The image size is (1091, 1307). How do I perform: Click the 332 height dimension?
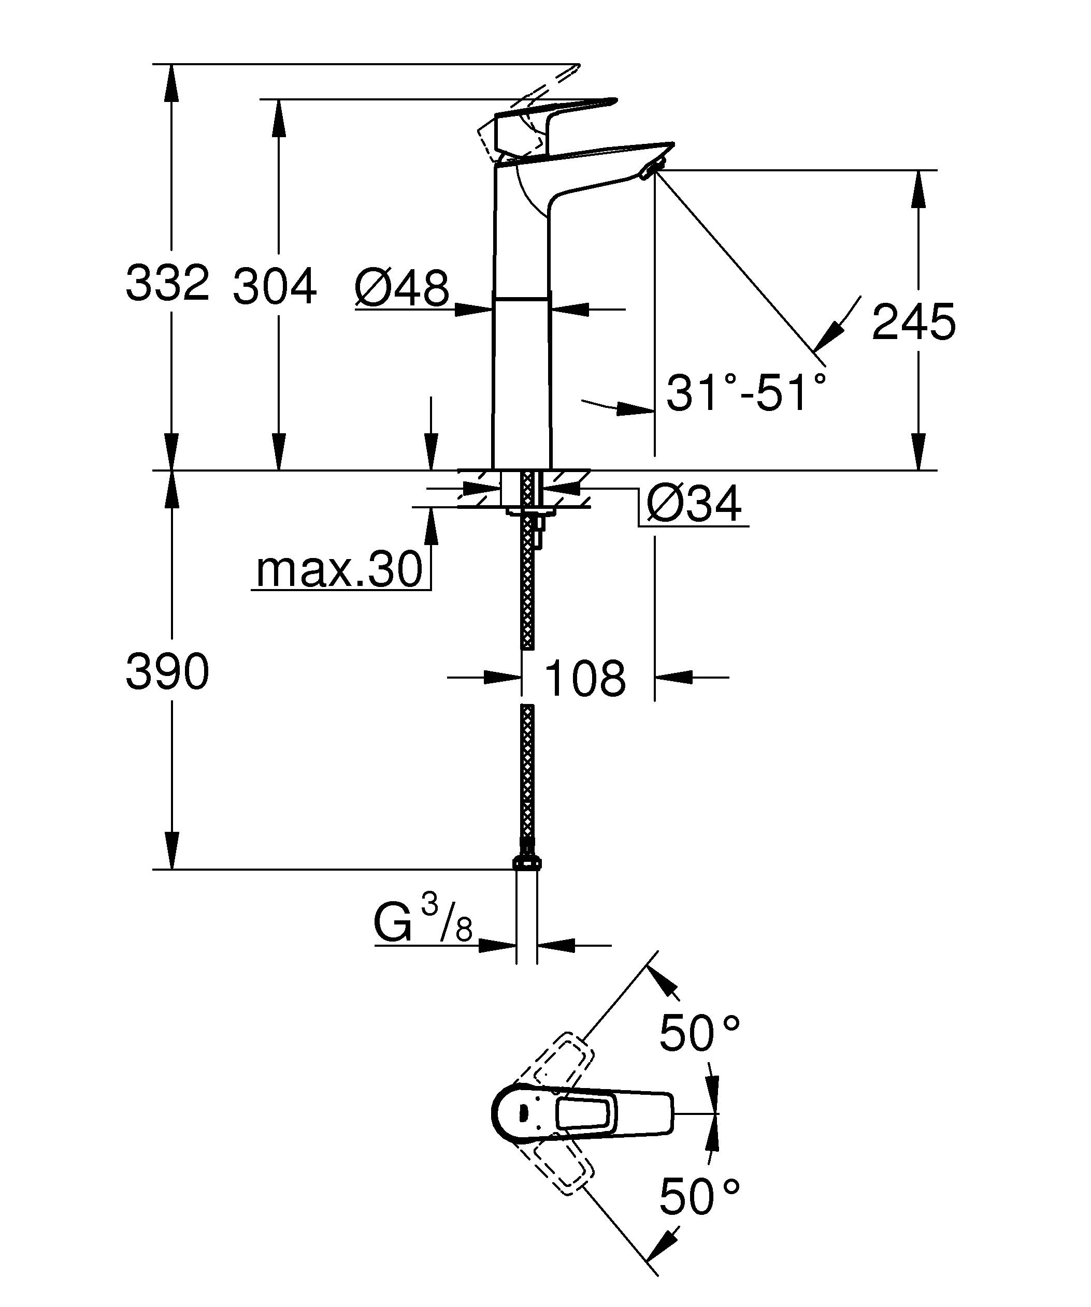[x=167, y=283]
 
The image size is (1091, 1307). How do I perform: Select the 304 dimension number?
[x=275, y=287]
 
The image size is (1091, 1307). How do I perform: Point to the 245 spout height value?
[x=913, y=322]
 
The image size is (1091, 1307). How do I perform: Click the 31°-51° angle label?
[x=746, y=393]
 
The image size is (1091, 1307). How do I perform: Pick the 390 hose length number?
[x=167, y=672]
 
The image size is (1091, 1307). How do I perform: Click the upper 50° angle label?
[x=699, y=1033]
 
